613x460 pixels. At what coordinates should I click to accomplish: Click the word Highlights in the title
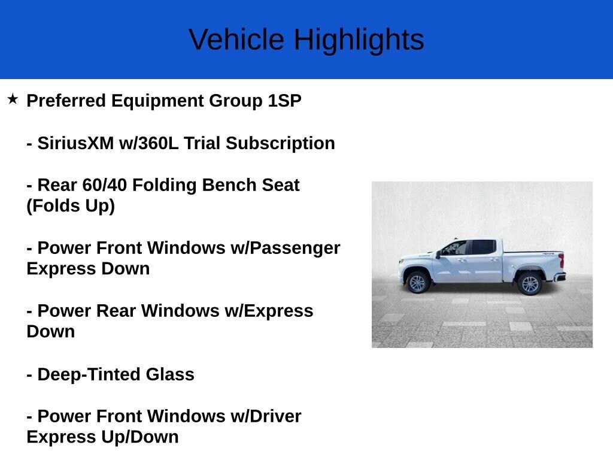pos(359,40)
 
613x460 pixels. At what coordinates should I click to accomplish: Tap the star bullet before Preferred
pos(13,99)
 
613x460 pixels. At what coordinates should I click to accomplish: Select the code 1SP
pos(284,101)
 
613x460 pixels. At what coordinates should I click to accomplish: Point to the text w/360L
pos(149,143)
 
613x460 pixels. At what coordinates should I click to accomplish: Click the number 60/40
pos(105,185)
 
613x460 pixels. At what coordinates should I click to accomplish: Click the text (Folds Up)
pos(71,206)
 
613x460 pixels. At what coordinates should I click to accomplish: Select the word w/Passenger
pos(286,248)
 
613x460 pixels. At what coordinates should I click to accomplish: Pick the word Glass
pos(170,374)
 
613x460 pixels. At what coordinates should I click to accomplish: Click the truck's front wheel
pos(417,283)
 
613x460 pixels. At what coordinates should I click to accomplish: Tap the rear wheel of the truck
pos(529,284)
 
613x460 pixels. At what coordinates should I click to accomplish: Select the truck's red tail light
pos(562,261)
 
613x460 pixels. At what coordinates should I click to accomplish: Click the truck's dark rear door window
pos(484,247)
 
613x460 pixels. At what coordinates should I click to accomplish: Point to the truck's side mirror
pos(439,255)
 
